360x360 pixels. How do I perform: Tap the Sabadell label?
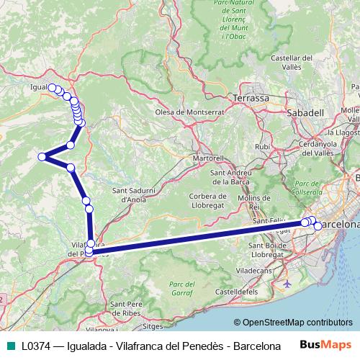[x=305, y=113]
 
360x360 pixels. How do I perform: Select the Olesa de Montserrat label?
[x=190, y=112]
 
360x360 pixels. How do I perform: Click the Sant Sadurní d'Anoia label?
[x=130, y=194]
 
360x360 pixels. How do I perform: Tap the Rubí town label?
[x=262, y=146]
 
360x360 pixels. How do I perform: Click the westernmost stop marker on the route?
[x=42, y=156]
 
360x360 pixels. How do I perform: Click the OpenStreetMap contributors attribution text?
[x=297, y=323]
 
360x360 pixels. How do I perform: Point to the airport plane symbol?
[x=288, y=284]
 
